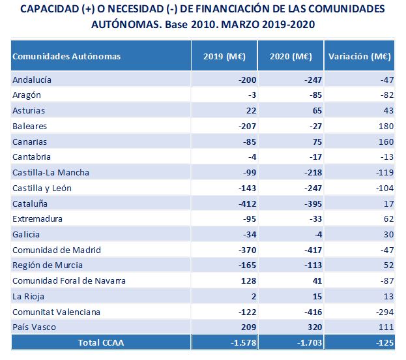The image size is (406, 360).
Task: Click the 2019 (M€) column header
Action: click(x=224, y=56)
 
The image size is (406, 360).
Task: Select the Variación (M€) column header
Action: click(x=360, y=56)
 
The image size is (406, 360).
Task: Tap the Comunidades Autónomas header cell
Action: click(x=66, y=56)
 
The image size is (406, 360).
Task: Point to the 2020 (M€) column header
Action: click(x=291, y=56)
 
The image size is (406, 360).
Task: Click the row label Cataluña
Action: click(x=30, y=203)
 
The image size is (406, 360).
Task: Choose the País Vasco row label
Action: click(x=34, y=327)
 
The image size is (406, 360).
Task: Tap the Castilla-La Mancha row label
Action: click(x=51, y=173)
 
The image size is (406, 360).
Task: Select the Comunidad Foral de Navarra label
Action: click(x=69, y=280)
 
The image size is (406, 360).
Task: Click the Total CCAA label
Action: click(x=101, y=342)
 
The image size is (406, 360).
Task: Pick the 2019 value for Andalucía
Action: click(x=248, y=80)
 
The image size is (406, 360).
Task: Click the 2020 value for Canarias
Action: click(x=317, y=142)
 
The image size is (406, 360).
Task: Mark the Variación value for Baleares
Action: click(x=386, y=127)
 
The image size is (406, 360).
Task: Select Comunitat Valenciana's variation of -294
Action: click(x=385, y=312)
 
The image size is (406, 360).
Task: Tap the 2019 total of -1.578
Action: click(x=244, y=342)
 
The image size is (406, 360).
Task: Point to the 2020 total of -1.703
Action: click(x=310, y=342)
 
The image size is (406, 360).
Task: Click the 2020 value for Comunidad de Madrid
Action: click(x=313, y=250)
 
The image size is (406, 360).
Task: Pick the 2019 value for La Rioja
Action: click(x=254, y=297)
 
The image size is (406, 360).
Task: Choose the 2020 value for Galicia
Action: click(x=318, y=235)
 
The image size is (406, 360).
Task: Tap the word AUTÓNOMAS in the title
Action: click(x=126, y=24)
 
